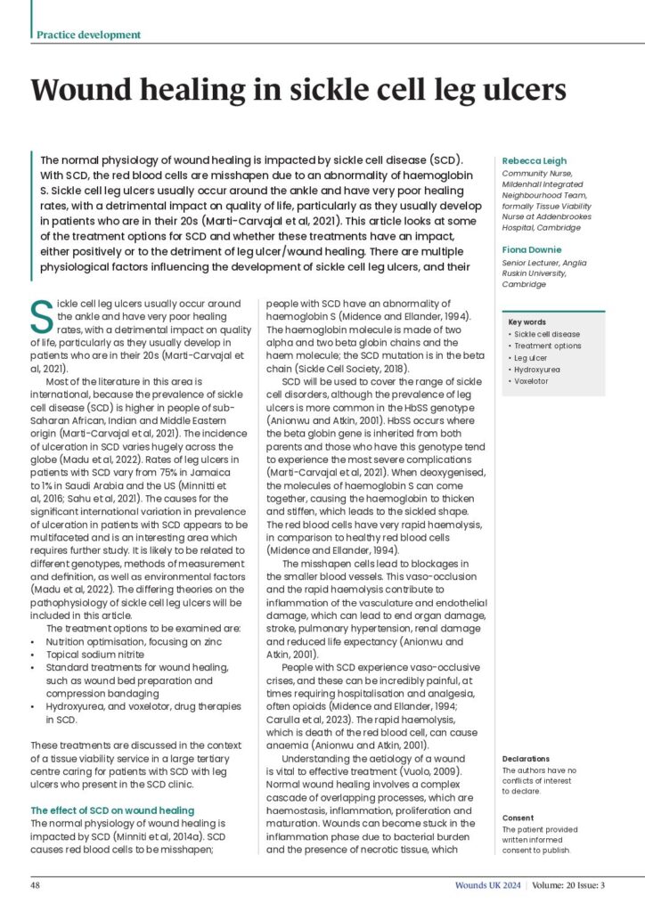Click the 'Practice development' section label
tap(88, 35)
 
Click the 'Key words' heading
tap(527, 322)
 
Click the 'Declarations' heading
tap(526, 758)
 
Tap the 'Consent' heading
tap(518, 818)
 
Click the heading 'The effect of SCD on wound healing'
tap(112, 810)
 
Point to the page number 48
tap(37, 886)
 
